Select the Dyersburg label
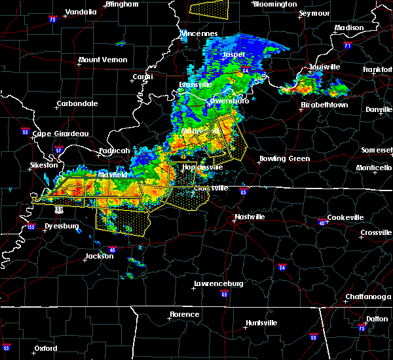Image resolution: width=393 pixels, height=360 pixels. [60, 226]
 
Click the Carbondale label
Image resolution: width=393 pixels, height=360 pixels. [77, 103]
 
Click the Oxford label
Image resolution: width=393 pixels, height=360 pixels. [46, 348]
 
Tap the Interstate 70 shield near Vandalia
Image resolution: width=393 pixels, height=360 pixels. [52, 20]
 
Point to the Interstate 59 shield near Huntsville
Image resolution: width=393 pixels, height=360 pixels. [314, 337]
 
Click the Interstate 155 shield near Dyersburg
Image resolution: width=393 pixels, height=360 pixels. [31, 227]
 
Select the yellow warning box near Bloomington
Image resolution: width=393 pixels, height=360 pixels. [210, 8]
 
